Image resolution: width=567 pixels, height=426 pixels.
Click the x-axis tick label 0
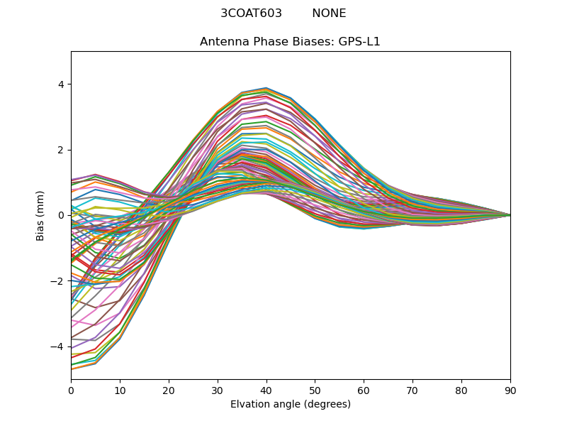point(71,390)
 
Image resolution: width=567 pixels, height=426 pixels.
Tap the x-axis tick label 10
point(120,390)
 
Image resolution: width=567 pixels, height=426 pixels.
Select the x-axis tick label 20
point(169,390)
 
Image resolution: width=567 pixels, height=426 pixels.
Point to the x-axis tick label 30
point(218,390)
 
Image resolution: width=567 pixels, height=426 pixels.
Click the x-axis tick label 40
point(266,390)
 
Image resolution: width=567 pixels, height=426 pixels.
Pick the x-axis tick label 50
point(315,390)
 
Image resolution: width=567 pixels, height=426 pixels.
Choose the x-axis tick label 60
point(364,390)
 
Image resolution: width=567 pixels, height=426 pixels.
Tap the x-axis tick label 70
point(412,390)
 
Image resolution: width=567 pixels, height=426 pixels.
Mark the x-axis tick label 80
point(461,390)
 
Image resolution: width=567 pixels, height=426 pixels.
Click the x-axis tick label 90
point(510,390)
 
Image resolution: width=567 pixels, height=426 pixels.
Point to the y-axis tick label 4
point(61,84)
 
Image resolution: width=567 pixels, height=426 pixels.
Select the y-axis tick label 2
point(61,150)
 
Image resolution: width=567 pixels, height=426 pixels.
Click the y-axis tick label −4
point(58,346)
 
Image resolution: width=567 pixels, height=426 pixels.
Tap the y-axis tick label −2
point(58,281)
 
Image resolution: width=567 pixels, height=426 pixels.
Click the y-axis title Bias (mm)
point(40,215)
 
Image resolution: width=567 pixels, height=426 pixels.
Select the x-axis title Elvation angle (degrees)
point(291,404)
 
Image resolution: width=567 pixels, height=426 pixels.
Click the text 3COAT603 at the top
point(251,13)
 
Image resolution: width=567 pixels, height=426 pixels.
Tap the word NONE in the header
point(329,13)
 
